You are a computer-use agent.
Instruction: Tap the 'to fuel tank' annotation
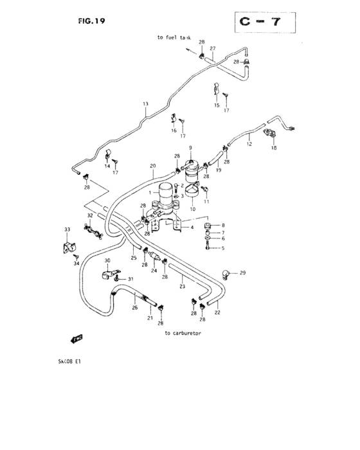click(x=174, y=37)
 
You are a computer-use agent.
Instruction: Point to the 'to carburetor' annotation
click(x=183, y=333)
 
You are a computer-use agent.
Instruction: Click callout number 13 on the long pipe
click(x=145, y=104)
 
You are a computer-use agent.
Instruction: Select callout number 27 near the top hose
click(x=212, y=49)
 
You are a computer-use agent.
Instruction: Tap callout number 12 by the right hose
click(x=249, y=145)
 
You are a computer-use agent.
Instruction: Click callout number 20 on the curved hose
click(x=152, y=166)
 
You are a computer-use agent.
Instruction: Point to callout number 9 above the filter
click(x=190, y=148)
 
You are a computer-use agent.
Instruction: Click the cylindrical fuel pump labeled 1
click(x=165, y=193)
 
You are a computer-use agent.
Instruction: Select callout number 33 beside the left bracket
click(x=67, y=230)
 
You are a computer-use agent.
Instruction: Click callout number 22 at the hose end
click(x=217, y=312)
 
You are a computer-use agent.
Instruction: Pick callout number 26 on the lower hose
click(x=135, y=307)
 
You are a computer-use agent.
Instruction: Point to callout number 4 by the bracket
click(x=192, y=227)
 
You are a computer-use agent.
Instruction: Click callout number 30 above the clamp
click(x=107, y=260)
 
